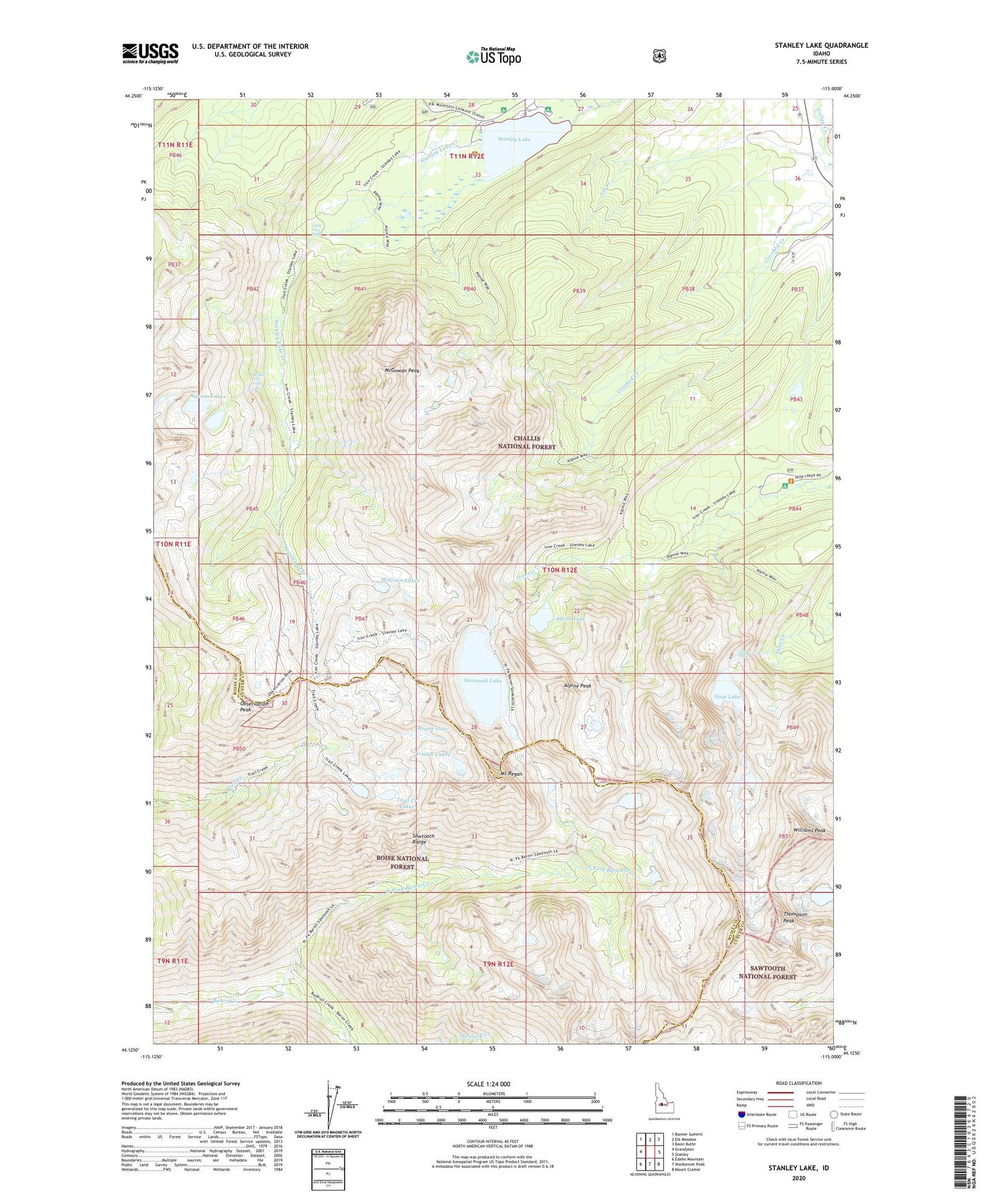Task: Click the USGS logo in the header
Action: click(150, 53)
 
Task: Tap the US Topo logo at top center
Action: click(494, 56)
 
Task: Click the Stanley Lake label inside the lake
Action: click(514, 139)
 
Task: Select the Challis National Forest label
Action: click(527, 443)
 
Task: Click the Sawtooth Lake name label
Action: click(482, 681)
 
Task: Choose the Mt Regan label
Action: click(511, 774)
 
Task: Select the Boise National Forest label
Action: click(402, 862)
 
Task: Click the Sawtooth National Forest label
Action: click(767, 972)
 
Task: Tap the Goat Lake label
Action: click(727, 697)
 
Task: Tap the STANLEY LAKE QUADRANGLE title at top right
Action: click(821, 45)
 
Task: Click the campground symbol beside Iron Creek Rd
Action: click(785, 486)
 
